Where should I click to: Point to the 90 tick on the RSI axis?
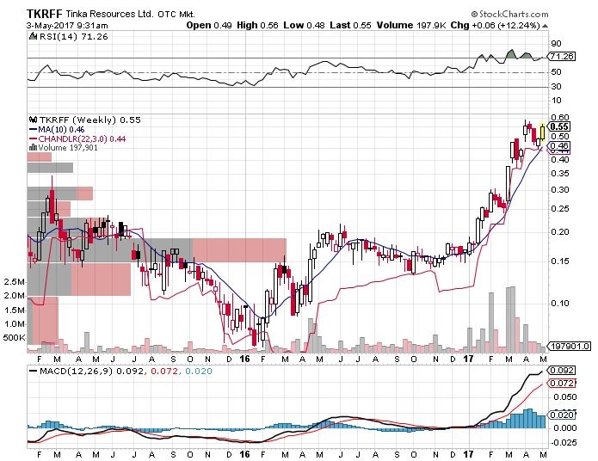pyautogui.click(x=556, y=43)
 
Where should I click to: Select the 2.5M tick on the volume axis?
pyautogui.click(x=15, y=282)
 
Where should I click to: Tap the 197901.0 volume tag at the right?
pyautogui.click(x=565, y=347)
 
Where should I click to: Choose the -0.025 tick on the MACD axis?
pyautogui.click(x=563, y=443)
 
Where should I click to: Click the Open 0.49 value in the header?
pyautogui.click(x=209, y=25)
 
